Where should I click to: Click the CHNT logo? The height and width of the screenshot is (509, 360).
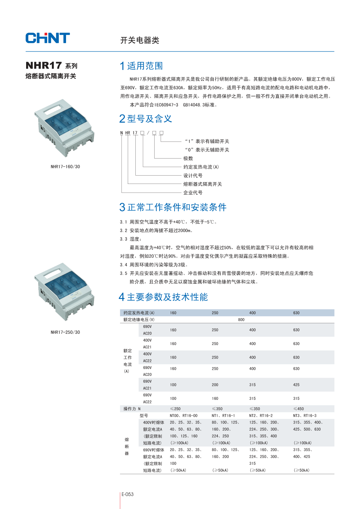[48, 38]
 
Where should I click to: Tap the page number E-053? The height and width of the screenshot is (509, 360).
[127, 494]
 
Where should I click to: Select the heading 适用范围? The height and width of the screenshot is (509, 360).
[145, 66]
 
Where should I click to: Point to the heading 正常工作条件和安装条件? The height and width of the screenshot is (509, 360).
[177, 207]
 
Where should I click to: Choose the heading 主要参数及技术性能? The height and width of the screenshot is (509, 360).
[167, 297]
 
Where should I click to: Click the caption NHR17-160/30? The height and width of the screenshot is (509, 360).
[65, 167]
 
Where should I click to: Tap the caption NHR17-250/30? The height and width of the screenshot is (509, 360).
[65, 332]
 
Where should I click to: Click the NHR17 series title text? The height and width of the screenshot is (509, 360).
[51, 66]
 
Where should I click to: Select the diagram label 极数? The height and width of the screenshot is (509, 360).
[188, 159]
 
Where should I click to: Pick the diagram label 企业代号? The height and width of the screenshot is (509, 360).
[193, 193]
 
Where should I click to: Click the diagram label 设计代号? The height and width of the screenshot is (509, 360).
[193, 176]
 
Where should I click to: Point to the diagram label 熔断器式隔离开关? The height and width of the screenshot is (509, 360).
[202, 184]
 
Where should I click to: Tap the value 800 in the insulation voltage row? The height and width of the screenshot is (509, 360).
[241, 320]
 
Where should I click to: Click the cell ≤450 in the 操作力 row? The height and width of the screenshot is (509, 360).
[298, 409]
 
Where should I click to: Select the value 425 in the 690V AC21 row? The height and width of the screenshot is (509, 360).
[296, 385]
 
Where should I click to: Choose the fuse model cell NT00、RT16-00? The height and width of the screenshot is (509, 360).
[184, 416]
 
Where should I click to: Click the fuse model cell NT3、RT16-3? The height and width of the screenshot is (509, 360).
[304, 416]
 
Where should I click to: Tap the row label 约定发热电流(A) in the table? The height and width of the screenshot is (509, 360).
[139, 313]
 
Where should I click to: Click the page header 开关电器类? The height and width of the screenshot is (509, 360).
[140, 40]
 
